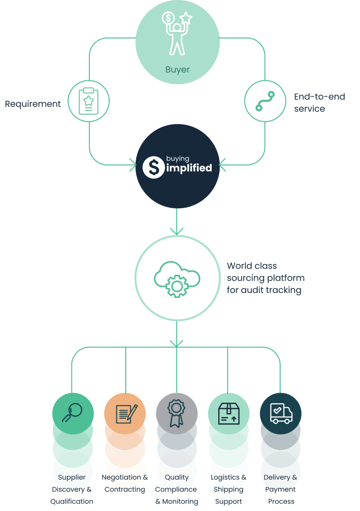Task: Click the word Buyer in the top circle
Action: (177, 69)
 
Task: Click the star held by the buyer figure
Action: (187, 18)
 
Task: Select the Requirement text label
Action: (33, 104)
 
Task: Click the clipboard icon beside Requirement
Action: (88, 101)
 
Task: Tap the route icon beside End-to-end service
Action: (265, 101)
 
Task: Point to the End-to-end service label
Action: (319, 102)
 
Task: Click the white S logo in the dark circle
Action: (153, 167)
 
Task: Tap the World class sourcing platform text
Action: (265, 278)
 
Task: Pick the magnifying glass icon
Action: (72, 412)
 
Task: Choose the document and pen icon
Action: (125, 413)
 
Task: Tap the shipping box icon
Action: (229, 414)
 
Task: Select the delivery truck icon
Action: (281, 413)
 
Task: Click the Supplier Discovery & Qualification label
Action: (72, 489)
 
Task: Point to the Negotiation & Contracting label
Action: (125, 483)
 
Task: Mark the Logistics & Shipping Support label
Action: (229, 489)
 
